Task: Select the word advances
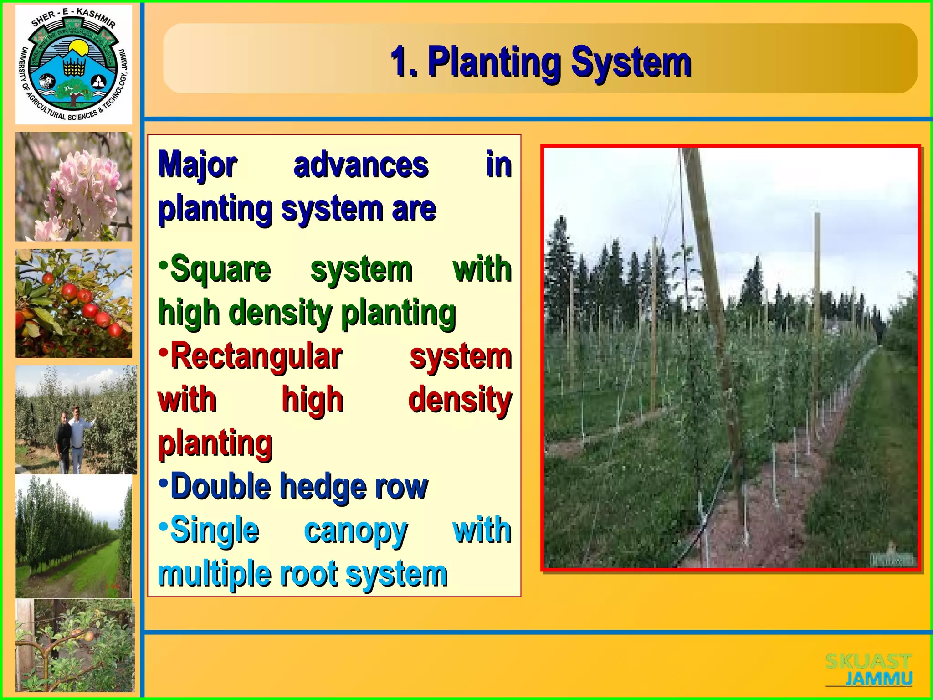361,165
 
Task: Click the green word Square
220,269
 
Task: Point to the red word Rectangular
256,356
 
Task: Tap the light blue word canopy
355,531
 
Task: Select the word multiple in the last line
214,574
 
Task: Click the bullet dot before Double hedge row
163,482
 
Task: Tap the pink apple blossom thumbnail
74,186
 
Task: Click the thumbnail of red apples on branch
74,303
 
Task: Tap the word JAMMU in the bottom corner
878,679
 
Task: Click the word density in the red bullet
460,400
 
